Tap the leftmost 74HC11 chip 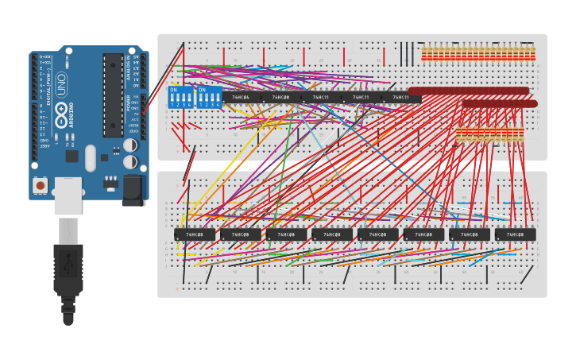coord(321,98)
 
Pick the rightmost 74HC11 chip coord(400,98)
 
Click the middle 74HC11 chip coord(361,98)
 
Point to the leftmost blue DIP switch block coord(181,98)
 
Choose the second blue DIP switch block coord(209,98)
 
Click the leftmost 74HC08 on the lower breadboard coord(195,234)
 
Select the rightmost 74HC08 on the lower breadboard coord(515,234)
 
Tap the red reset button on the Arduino coord(40,184)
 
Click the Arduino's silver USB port coord(68,195)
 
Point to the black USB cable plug coord(68,270)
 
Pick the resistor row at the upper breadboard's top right coord(477,54)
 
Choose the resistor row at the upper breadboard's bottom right coord(489,135)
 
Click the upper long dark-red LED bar coord(469,91)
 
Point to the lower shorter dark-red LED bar coord(500,103)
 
